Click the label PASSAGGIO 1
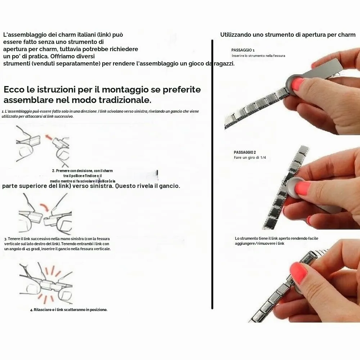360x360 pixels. [x=243, y=50]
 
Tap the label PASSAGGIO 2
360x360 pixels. [x=245, y=152]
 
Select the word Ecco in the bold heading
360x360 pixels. [x=14, y=89]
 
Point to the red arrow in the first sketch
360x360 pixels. [x=48, y=137]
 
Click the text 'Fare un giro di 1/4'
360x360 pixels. [x=250, y=158]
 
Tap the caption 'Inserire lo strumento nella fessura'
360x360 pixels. [x=258, y=55]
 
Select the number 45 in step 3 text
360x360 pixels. [x=26, y=249]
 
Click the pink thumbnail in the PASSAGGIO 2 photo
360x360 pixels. [x=303, y=189]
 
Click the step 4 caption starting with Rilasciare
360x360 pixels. [x=69, y=310]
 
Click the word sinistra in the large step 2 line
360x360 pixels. [x=98, y=186]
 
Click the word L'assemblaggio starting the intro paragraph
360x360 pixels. [x=24, y=35]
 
